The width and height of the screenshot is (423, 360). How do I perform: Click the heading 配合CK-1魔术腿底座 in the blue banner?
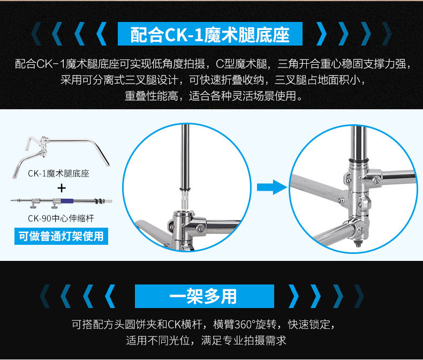(x=210, y=34)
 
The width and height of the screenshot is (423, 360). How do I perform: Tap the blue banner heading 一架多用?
(x=203, y=296)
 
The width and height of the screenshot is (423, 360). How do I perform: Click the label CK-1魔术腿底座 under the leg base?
(x=58, y=173)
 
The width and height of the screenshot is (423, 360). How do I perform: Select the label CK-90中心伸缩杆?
(x=61, y=218)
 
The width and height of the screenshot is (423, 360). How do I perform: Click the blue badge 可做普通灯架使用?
(x=61, y=236)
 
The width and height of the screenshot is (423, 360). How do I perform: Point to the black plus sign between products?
(x=62, y=188)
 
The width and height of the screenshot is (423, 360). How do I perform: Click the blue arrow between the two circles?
(x=272, y=187)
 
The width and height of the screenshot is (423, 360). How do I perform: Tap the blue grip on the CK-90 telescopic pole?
(x=67, y=201)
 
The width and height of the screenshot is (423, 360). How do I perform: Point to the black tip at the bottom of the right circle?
(x=358, y=244)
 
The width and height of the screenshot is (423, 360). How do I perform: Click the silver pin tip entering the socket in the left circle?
(x=186, y=199)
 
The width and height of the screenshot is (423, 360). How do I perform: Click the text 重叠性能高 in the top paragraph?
(x=152, y=96)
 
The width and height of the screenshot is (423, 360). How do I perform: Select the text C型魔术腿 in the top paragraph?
(x=241, y=64)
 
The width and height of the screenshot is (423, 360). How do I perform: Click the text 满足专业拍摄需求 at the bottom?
(x=244, y=341)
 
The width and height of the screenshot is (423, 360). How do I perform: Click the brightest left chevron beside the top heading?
(x=101, y=34)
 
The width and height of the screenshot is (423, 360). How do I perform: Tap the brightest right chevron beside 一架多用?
(x=294, y=296)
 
